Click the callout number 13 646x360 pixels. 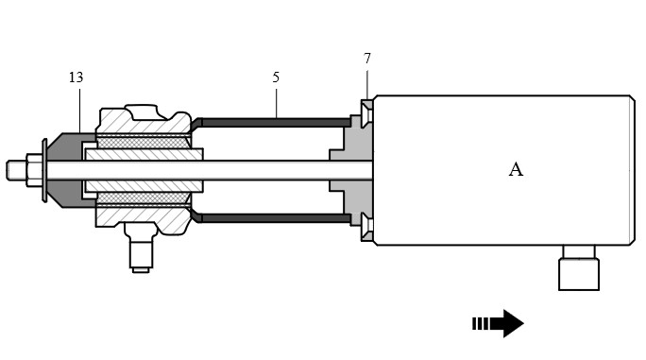(76, 77)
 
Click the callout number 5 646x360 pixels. (276, 77)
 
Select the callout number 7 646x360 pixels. (367, 59)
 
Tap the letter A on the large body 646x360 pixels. (516, 169)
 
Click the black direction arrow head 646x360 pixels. (510, 323)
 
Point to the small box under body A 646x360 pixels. (579, 274)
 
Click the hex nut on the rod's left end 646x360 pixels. (34, 170)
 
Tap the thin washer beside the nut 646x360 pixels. (44, 170)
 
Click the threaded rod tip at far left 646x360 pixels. (16, 170)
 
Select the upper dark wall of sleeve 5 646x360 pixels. (275, 123)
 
